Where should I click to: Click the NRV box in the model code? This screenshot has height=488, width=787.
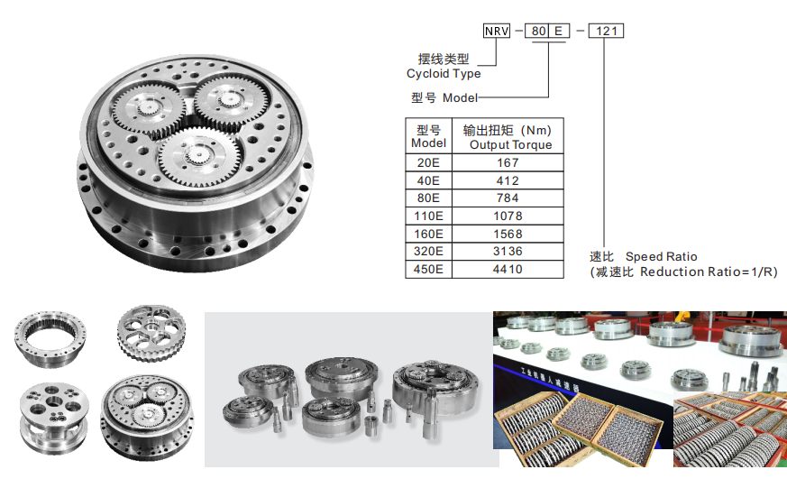(x=497, y=32)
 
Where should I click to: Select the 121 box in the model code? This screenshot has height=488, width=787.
(x=606, y=32)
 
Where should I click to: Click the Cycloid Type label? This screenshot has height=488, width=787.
(x=444, y=74)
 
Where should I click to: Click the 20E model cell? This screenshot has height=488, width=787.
(x=428, y=162)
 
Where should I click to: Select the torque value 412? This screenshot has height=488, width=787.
(x=508, y=180)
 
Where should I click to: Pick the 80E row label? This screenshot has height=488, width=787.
(x=428, y=198)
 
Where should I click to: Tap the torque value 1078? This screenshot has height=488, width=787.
(x=508, y=216)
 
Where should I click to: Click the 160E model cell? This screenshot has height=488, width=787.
(x=428, y=234)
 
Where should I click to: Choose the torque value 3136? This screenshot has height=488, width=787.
(x=508, y=252)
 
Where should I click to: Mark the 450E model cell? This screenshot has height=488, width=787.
(x=428, y=270)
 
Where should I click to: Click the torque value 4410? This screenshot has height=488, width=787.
(x=508, y=270)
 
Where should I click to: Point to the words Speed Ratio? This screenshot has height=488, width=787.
(x=661, y=257)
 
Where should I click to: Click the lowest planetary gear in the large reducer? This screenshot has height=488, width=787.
(x=200, y=157)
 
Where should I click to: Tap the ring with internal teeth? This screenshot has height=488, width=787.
(x=50, y=338)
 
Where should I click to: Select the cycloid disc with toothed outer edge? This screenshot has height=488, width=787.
(x=151, y=332)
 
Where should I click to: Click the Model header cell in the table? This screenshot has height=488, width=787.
(x=428, y=136)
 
